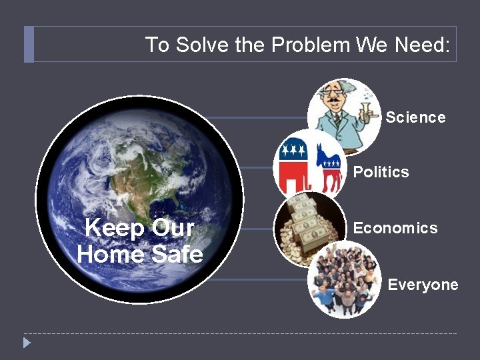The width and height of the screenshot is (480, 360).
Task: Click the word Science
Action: tap(415, 117)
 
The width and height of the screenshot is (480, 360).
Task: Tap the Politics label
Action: tap(381, 172)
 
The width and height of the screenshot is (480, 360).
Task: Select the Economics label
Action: tap(395, 228)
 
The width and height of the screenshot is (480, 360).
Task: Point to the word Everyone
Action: tap(423, 285)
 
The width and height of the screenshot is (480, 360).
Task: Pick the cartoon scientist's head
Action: tap(336, 93)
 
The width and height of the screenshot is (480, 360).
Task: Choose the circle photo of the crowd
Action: tap(344, 280)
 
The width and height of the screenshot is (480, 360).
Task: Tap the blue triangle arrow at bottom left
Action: tap(27, 343)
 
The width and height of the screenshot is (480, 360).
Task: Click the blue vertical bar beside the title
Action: tap(28, 45)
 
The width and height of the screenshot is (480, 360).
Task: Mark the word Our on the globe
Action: tap(173, 228)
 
